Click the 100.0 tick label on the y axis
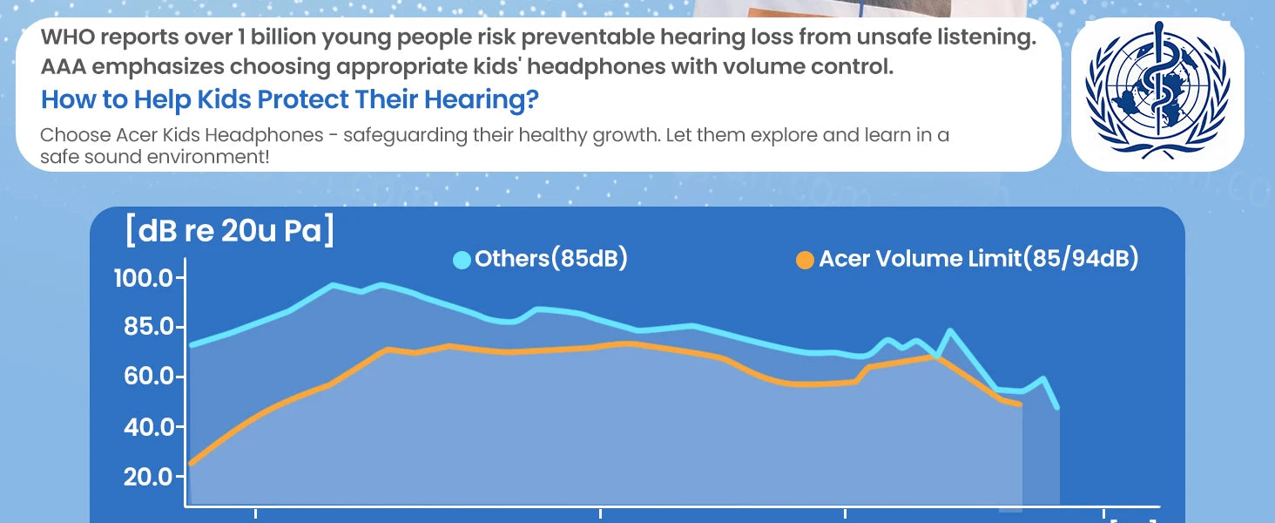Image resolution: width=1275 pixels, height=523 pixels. click(x=143, y=278)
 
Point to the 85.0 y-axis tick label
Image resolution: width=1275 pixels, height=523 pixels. click(x=148, y=327)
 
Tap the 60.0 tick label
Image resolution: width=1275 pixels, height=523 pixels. click(x=149, y=376)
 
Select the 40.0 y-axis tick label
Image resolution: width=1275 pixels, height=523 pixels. click(x=149, y=426)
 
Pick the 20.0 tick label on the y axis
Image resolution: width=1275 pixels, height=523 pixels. click(x=148, y=476)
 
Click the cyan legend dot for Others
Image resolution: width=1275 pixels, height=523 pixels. click(x=462, y=260)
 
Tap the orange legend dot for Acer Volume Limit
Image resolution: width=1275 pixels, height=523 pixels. click(x=805, y=260)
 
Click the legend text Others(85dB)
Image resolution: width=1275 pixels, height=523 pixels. click(x=551, y=259)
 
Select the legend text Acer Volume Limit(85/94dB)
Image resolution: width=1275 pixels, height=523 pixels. click(x=979, y=259)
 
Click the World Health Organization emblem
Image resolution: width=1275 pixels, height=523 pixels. click(x=1157, y=92)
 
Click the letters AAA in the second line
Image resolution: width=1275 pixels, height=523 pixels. click(x=64, y=66)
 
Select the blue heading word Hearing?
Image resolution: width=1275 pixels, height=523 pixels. click(x=481, y=99)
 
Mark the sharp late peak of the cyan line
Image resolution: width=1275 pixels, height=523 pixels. click(x=949, y=330)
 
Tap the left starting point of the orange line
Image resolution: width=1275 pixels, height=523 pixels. click(x=191, y=463)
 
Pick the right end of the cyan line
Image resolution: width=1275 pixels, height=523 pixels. click(x=1057, y=407)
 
